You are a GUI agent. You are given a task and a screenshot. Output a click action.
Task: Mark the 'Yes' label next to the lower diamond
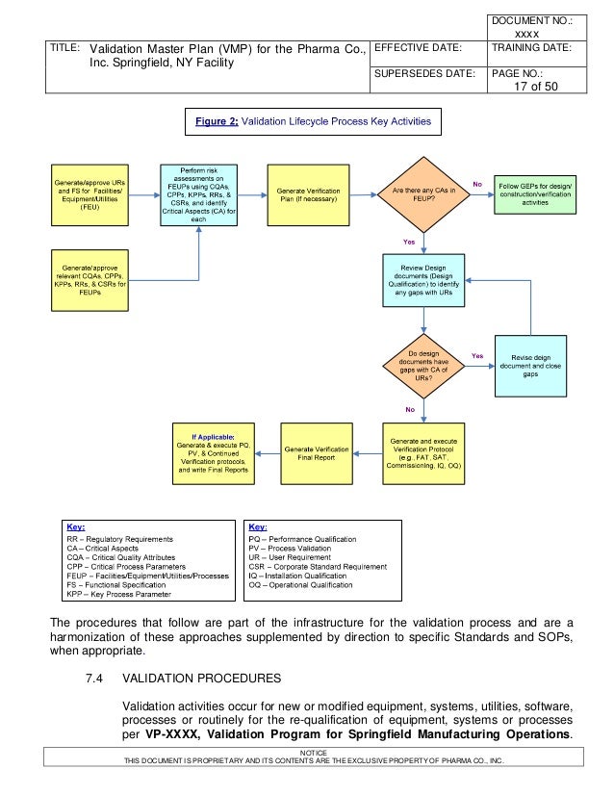coord(476,355)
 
